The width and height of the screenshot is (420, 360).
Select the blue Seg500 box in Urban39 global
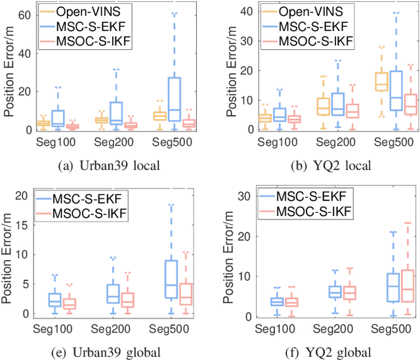171,280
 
